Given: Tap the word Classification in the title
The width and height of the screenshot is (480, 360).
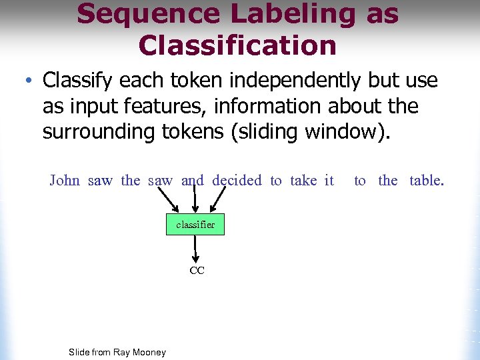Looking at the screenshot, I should [x=237, y=45].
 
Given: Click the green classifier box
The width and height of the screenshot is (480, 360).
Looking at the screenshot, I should [x=195, y=225].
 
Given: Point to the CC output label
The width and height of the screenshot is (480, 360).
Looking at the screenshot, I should [x=197, y=271].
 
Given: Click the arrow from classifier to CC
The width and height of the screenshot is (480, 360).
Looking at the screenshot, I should [x=196, y=249].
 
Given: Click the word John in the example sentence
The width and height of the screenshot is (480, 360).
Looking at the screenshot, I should [x=65, y=181].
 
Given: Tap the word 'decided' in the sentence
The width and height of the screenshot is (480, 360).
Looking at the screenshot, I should [x=237, y=181].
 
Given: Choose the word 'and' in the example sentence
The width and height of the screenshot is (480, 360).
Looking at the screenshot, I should [x=193, y=181].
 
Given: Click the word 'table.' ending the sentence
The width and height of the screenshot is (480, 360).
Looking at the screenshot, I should [x=426, y=181].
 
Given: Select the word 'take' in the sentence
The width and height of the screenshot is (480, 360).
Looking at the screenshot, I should [x=303, y=181].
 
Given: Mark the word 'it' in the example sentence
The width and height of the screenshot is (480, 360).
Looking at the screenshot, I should [x=329, y=181].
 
